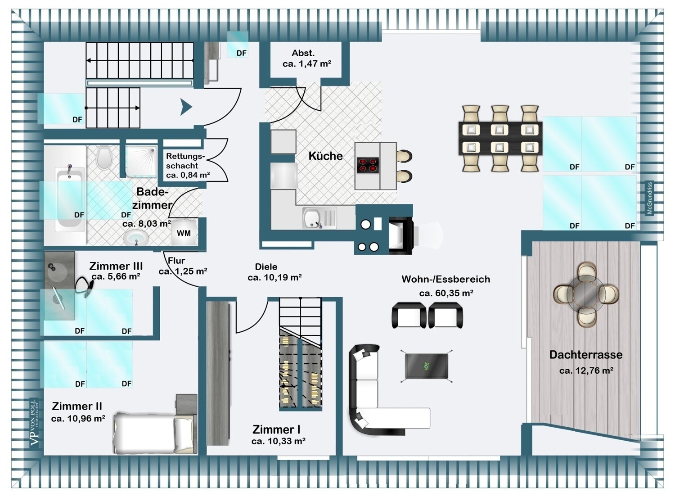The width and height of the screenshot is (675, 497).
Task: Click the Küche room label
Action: click(x=325, y=156)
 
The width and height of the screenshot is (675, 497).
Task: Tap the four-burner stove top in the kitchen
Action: click(x=367, y=165)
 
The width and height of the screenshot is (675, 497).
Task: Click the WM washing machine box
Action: click(x=184, y=233)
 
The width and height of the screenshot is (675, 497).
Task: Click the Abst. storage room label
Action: click(x=303, y=54)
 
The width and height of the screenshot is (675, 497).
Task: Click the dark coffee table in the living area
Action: click(x=427, y=366)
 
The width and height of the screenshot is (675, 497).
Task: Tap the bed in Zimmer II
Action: click(x=153, y=433)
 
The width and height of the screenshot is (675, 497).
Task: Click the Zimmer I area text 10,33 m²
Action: click(x=279, y=441)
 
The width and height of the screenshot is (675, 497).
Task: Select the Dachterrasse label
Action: click(x=586, y=355)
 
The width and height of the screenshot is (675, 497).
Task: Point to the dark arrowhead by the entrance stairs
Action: click(x=186, y=107)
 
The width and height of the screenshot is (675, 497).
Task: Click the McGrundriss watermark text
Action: click(x=649, y=198)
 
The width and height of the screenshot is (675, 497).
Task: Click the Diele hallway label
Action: click(x=266, y=267)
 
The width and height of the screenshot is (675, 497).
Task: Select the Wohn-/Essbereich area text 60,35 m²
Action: click(x=446, y=293)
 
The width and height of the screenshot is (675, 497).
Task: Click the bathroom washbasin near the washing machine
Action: click(x=136, y=238)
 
